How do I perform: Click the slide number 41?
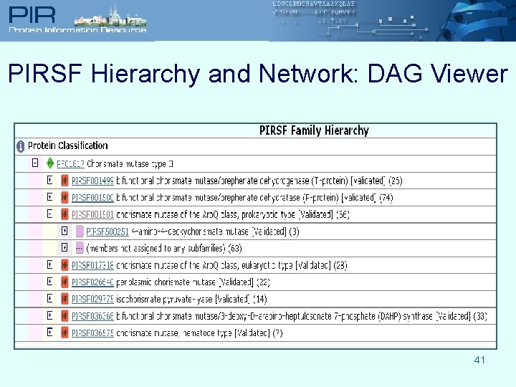[x=479, y=360]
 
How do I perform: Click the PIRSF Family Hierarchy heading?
[x=314, y=130]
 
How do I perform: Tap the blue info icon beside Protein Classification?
[x=21, y=146]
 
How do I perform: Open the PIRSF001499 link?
[x=92, y=181]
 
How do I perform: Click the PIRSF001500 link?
[x=92, y=197]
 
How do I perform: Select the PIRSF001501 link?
[x=92, y=214]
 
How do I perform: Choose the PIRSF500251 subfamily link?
[x=107, y=231]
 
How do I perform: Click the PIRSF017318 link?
[x=92, y=265]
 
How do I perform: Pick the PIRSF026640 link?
[x=92, y=282]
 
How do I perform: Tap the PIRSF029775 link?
[x=92, y=299]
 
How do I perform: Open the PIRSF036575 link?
[x=92, y=333]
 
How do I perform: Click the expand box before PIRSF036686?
[x=49, y=315]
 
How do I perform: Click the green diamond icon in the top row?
[x=50, y=163]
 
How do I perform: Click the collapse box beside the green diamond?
[x=34, y=163]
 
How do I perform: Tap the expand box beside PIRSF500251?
[x=64, y=231]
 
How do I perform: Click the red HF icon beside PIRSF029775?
[x=64, y=299]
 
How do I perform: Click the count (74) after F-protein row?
[x=386, y=197]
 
